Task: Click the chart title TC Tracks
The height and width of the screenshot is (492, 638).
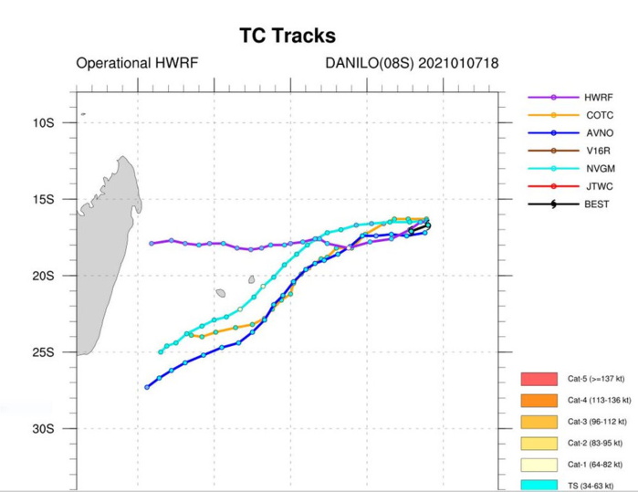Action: [x=287, y=37]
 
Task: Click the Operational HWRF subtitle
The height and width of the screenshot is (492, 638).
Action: [x=137, y=64]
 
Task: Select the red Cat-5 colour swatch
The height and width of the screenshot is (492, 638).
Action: [x=539, y=378]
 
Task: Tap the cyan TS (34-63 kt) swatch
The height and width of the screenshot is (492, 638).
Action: [x=539, y=486]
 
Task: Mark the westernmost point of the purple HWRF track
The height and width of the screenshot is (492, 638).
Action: [x=152, y=243]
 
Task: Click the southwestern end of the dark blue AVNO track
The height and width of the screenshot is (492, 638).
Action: [x=147, y=387]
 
